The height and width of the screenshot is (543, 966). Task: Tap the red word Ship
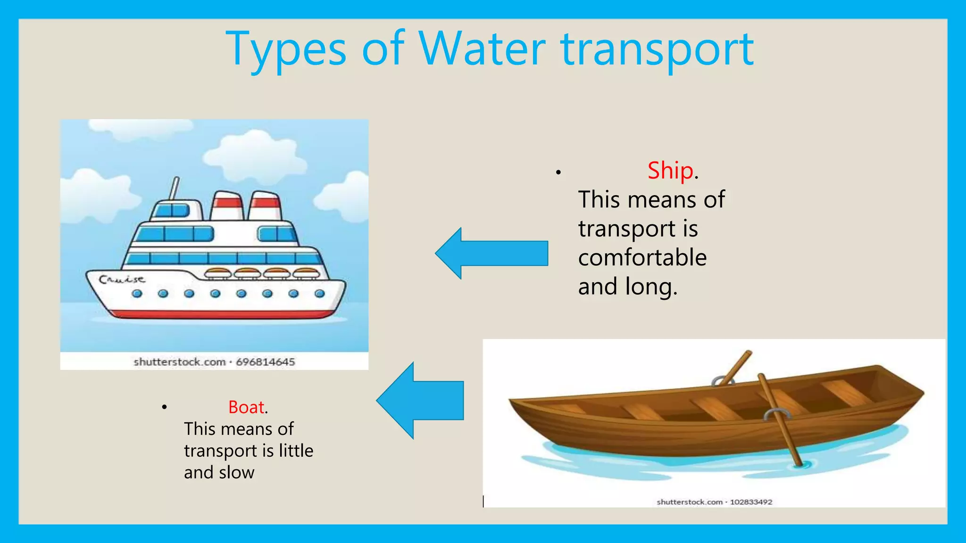(670, 170)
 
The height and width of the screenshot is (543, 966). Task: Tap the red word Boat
(246, 407)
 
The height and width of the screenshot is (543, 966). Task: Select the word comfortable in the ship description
(642, 258)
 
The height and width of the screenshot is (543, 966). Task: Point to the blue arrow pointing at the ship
(492, 253)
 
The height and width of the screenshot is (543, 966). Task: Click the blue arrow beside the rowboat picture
(420, 400)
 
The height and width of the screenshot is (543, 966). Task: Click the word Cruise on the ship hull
(122, 280)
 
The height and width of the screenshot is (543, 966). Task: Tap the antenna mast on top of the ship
(175, 188)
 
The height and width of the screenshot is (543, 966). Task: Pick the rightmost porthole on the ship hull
(319, 294)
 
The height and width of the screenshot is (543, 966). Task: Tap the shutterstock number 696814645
(265, 362)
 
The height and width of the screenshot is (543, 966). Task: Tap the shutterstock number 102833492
(751, 502)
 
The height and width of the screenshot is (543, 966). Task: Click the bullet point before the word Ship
(558, 173)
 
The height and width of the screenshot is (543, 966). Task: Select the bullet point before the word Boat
(164, 407)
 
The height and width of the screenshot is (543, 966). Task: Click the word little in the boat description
(296, 451)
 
